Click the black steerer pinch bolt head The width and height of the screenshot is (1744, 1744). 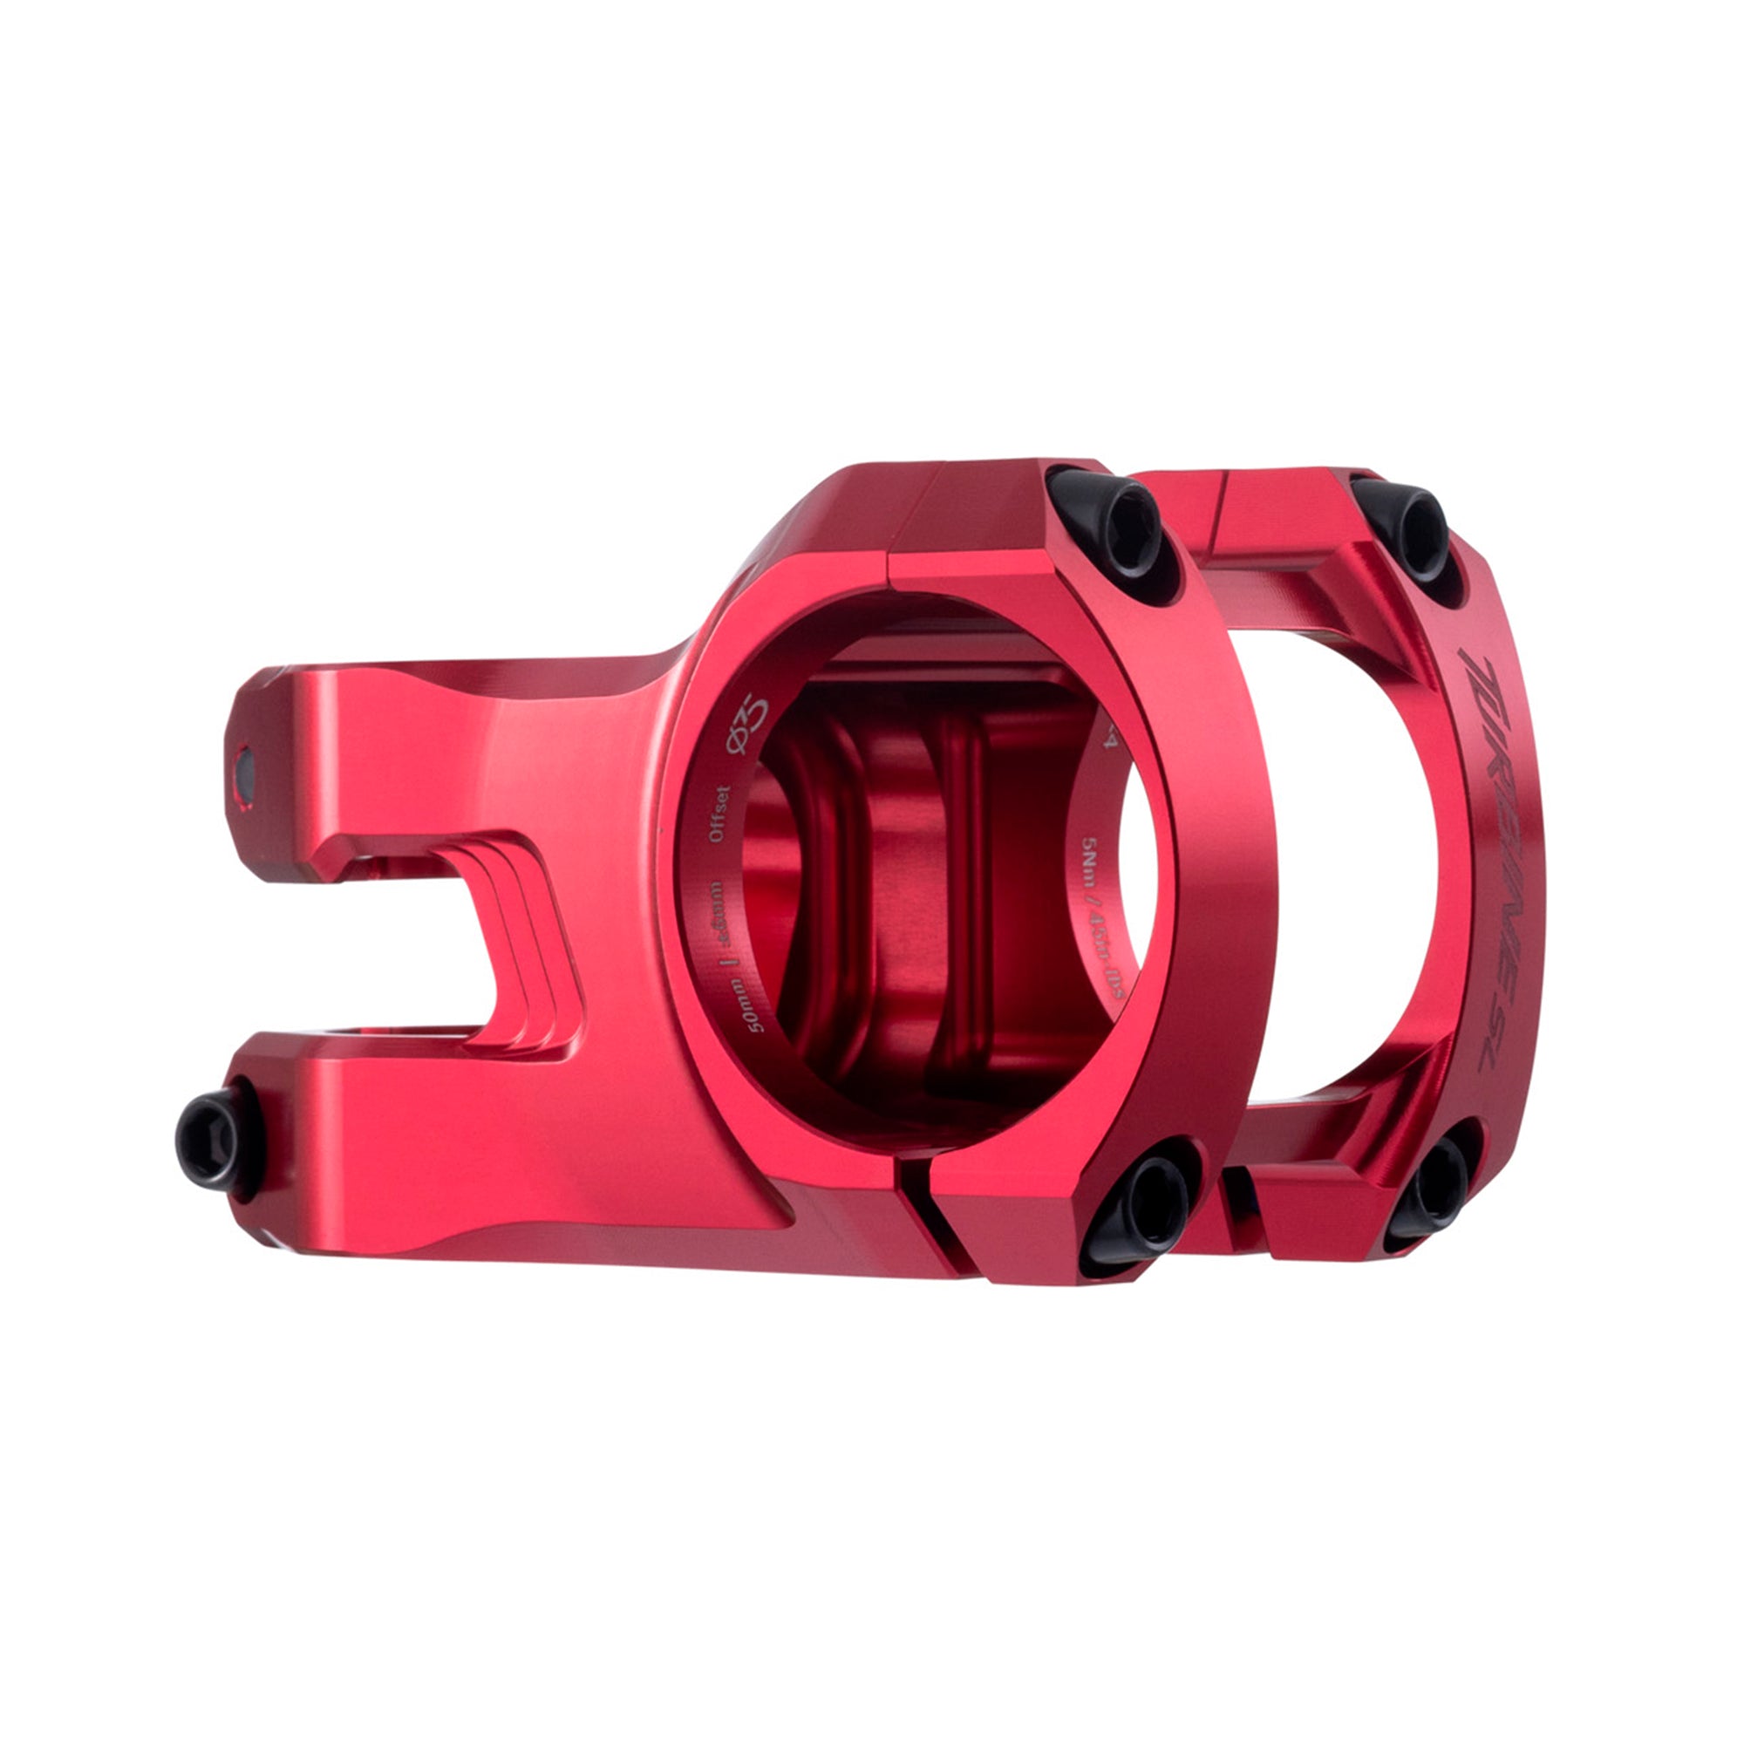pos(212,1139)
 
